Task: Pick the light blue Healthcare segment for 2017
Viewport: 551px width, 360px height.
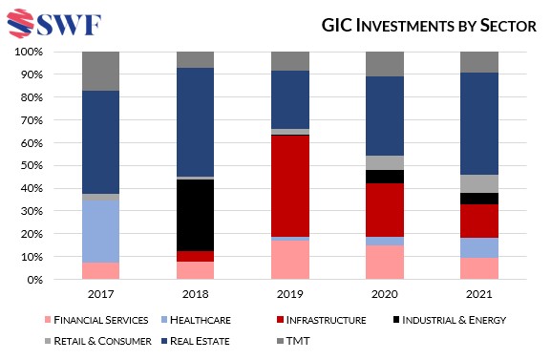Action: [x=100, y=231]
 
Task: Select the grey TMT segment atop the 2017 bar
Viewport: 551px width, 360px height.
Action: [x=100, y=71]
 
